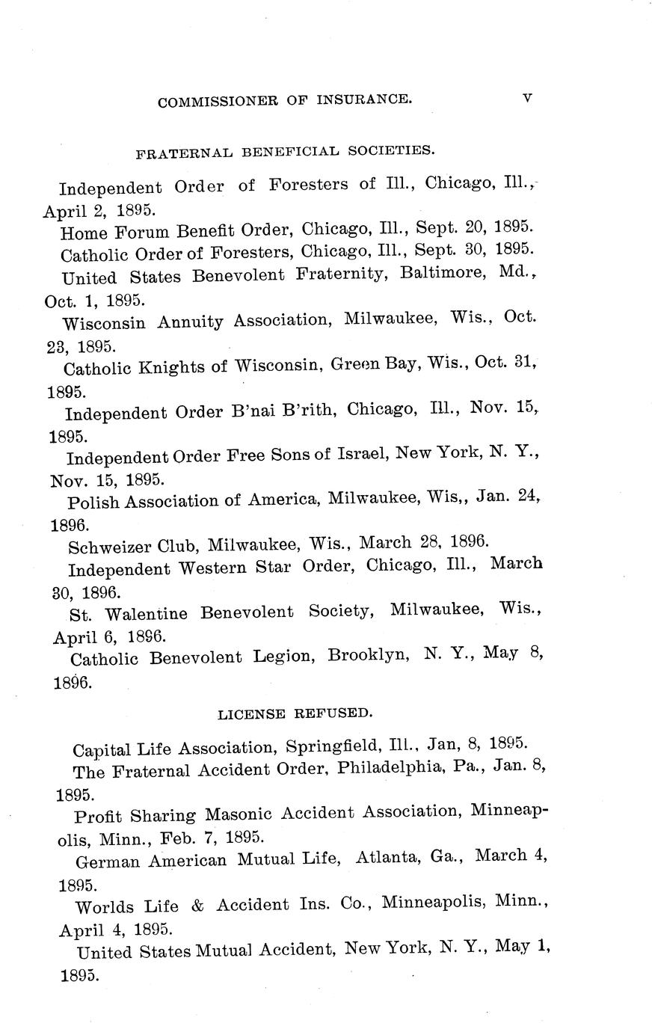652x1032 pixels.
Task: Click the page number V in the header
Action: (x=527, y=97)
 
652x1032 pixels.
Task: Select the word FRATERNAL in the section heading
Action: (x=185, y=153)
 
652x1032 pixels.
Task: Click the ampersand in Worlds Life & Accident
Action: (x=197, y=905)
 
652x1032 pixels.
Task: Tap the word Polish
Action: (x=93, y=502)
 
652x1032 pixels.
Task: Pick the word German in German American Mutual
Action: (x=108, y=861)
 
